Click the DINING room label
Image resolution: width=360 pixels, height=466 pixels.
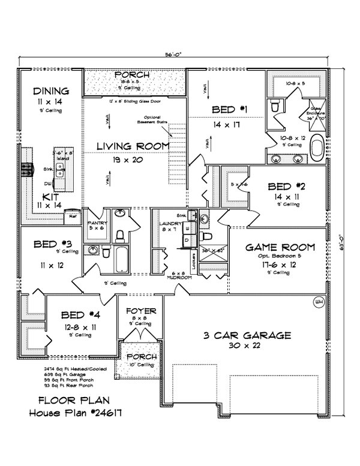[x=51, y=91]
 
